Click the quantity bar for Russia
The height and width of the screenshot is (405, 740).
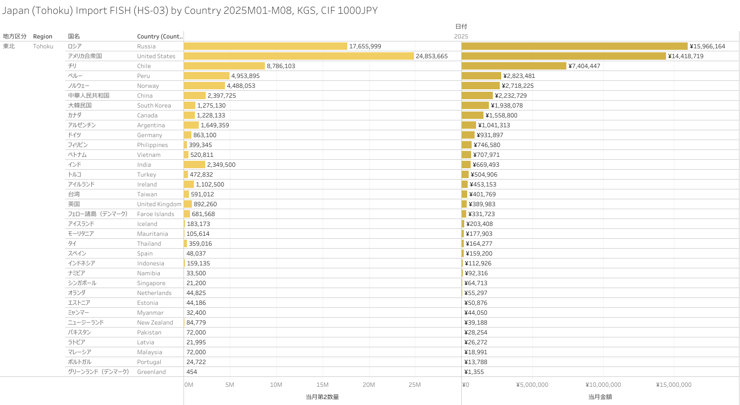pyautogui.click(x=265, y=46)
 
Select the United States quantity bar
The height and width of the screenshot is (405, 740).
pyautogui.click(x=298, y=56)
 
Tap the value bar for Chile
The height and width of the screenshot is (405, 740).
pyautogui.click(x=514, y=66)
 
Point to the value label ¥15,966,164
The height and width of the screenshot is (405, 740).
pyautogui.click(x=707, y=46)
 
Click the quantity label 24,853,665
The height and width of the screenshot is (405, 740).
pyautogui.click(x=432, y=56)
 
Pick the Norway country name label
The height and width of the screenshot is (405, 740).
pyautogui.click(x=148, y=86)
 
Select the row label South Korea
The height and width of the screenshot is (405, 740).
pyautogui.click(x=154, y=106)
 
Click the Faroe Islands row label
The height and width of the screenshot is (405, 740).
pyautogui.click(x=155, y=214)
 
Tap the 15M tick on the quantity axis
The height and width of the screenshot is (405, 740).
pyautogui.click(x=322, y=385)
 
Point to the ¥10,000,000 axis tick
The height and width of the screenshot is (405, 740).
pyautogui.click(x=603, y=385)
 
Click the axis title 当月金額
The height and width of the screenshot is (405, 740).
pyautogui.click(x=600, y=397)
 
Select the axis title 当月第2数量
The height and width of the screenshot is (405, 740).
pyautogui.click(x=322, y=397)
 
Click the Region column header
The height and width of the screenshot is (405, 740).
pyautogui.click(x=42, y=37)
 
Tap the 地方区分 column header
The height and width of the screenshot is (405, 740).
pyautogui.click(x=15, y=37)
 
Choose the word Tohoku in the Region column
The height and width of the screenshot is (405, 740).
pyautogui.click(x=43, y=46)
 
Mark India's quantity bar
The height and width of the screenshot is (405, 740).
pyautogui.click(x=194, y=165)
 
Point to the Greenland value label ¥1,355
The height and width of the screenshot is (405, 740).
pyautogui.click(x=474, y=372)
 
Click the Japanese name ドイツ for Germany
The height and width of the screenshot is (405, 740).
pyautogui.click(x=74, y=135)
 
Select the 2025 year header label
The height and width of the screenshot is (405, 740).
pyautogui.click(x=461, y=37)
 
